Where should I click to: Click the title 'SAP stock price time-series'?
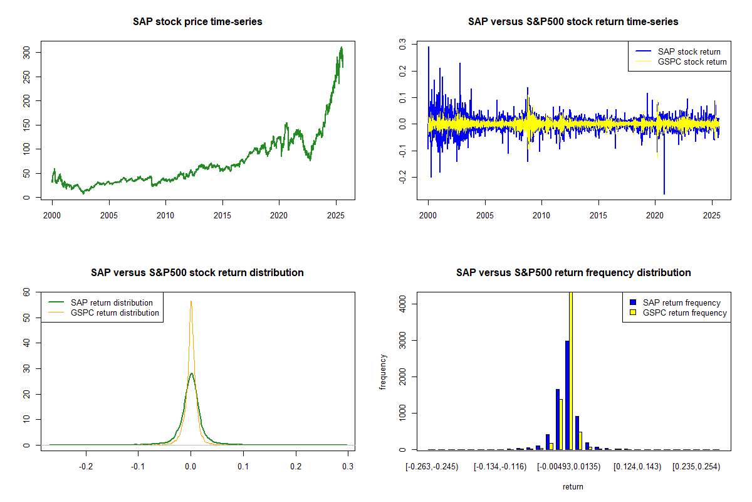(x=197, y=22)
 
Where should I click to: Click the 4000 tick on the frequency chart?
(x=399, y=304)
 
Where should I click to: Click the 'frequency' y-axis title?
(x=383, y=371)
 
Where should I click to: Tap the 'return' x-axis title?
(x=573, y=486)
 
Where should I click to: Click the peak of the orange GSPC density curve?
(x=191, y=301)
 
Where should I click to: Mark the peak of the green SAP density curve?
(x=191, y=373)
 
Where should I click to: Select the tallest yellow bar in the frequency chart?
(x=570, y=370)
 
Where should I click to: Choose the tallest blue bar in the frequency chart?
(x=567, y=395)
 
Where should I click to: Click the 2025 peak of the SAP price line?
(x=341, y=47)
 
